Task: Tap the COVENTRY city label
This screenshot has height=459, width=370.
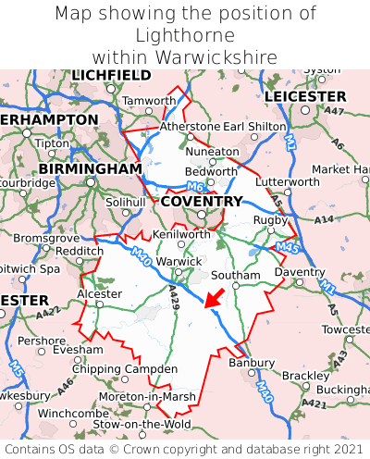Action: [202, 201]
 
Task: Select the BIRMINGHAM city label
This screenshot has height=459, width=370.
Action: [91, 169]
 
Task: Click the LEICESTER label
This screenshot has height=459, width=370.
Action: [305, 96]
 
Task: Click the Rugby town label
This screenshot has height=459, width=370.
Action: [271, 219]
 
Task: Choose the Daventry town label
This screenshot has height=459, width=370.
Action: [300, 272]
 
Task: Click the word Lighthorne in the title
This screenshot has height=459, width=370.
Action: [184, 35]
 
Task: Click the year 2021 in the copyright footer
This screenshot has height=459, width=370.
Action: [336, 448]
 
